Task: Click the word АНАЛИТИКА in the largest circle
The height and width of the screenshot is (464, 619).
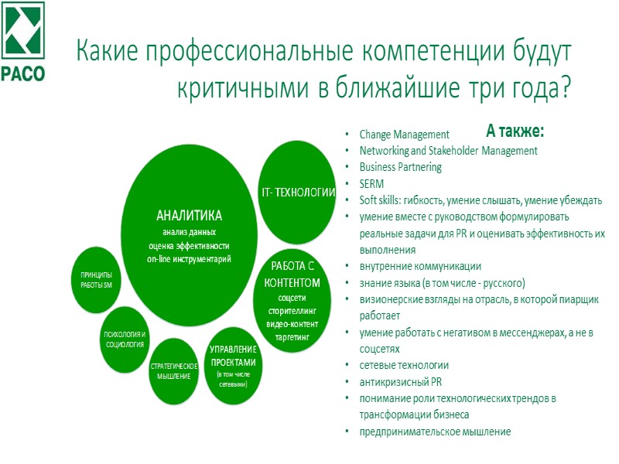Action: point(189,215)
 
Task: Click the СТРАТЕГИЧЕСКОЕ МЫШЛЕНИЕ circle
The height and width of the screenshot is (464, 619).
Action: point(174,370)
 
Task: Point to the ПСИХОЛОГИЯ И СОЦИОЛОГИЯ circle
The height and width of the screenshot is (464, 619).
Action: point(124,339)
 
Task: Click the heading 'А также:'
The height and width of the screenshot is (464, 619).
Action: point(515,129)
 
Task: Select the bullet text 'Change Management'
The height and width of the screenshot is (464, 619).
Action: point(404,135)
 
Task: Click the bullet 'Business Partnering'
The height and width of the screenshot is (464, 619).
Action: point(400,167)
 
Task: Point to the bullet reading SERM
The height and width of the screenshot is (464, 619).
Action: point(371,183)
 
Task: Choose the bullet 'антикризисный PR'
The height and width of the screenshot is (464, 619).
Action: point(400,381)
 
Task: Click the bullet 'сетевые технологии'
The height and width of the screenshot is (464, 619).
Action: point(404,365)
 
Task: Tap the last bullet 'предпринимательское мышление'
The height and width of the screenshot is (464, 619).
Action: point(435,431)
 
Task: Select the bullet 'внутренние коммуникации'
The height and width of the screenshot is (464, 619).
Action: point(419,266)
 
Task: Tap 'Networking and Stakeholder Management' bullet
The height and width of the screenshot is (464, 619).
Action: point(448,151)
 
